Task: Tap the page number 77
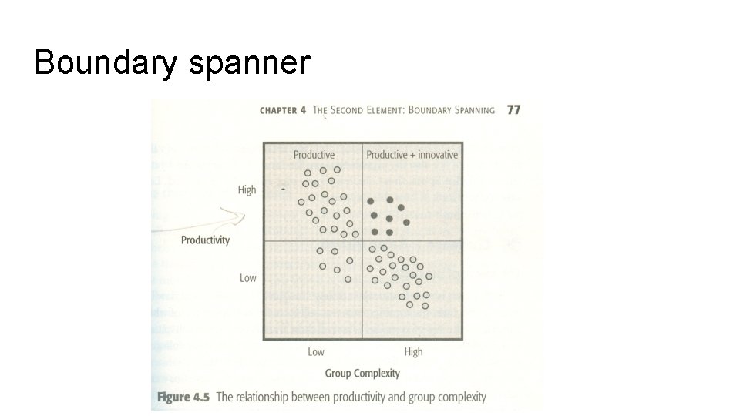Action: pyautogui.click(x=513, y=110)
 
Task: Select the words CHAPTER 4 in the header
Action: pyautogui.click(x=283, y=110)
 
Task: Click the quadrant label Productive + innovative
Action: pyautogui.click(x=412, y=155)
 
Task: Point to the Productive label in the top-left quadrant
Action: pyautogui.click(x=314, y=155)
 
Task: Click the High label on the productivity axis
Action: pyautogui.click(x=247, y=190)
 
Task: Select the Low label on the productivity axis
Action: pyautogui.click(x=247, y=277)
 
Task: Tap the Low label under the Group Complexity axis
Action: pyautogui.click(x=316, y=351)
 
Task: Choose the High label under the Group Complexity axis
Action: pyautogui.click(x=413, y=351)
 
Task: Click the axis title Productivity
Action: pyautogui.click(x=205, y=240)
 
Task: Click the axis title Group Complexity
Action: pyautogui.click(x=362, y=374)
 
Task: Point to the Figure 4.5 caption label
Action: pyautogui.click(x=184, y=398)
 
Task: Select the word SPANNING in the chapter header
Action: pyautogui.click(x=462, y=110)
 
